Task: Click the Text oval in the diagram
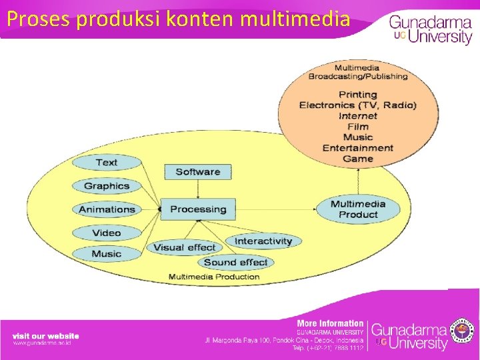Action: (x=106, y=162)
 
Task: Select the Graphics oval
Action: (x=106, y=186)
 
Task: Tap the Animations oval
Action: (x=107, y=209)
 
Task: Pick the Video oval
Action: (x=107, y=233)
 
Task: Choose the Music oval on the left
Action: (x=107, y=254)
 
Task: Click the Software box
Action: (x=197, y=172)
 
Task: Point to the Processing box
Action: (x=198, y=209)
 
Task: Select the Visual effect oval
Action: (x=184, y=247)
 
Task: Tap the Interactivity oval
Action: (x=263, y=241)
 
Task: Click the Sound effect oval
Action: (x=235, y=262)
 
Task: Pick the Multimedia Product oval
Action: (x=358, y=209)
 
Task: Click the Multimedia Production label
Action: (x=214, y=277)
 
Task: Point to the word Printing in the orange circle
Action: (x=358, y=95)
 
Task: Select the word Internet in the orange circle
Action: (x=358, y=116)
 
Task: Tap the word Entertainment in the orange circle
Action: (x=358, y=148)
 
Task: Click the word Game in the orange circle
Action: (x=358, y=159)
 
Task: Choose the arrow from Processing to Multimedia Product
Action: (x=280, y=209)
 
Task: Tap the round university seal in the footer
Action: (x=462, y=330)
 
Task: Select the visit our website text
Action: (x=46, y=335)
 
